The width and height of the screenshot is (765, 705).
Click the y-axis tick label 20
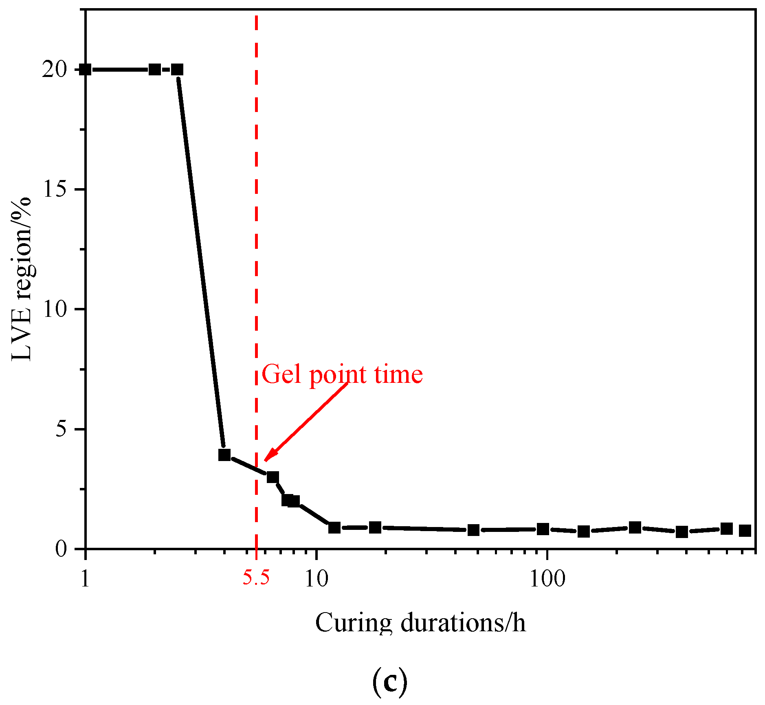(55, 70)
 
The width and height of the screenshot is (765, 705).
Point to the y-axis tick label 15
(55, 190)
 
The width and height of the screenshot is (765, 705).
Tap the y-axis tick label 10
(55, 310)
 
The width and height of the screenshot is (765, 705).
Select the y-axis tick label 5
(61, 430)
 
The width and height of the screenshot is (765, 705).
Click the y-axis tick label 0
(61, 549)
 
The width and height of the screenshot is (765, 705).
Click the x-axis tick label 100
(547, 579)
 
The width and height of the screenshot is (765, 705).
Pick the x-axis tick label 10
(316, 579)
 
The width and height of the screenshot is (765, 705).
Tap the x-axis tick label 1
(85, 579)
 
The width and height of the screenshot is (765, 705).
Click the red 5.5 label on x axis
(256, 578)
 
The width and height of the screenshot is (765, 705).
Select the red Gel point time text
(342, 374)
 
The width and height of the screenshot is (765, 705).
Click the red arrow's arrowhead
(269, 457)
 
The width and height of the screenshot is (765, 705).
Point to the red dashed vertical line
(256, 244)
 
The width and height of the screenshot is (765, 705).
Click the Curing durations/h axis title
(420, 624)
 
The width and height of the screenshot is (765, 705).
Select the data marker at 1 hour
(86, 70)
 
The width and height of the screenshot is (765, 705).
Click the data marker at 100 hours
(543, 529)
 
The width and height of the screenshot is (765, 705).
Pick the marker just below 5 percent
(224, 455)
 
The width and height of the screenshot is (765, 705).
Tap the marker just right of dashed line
(273, 477)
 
